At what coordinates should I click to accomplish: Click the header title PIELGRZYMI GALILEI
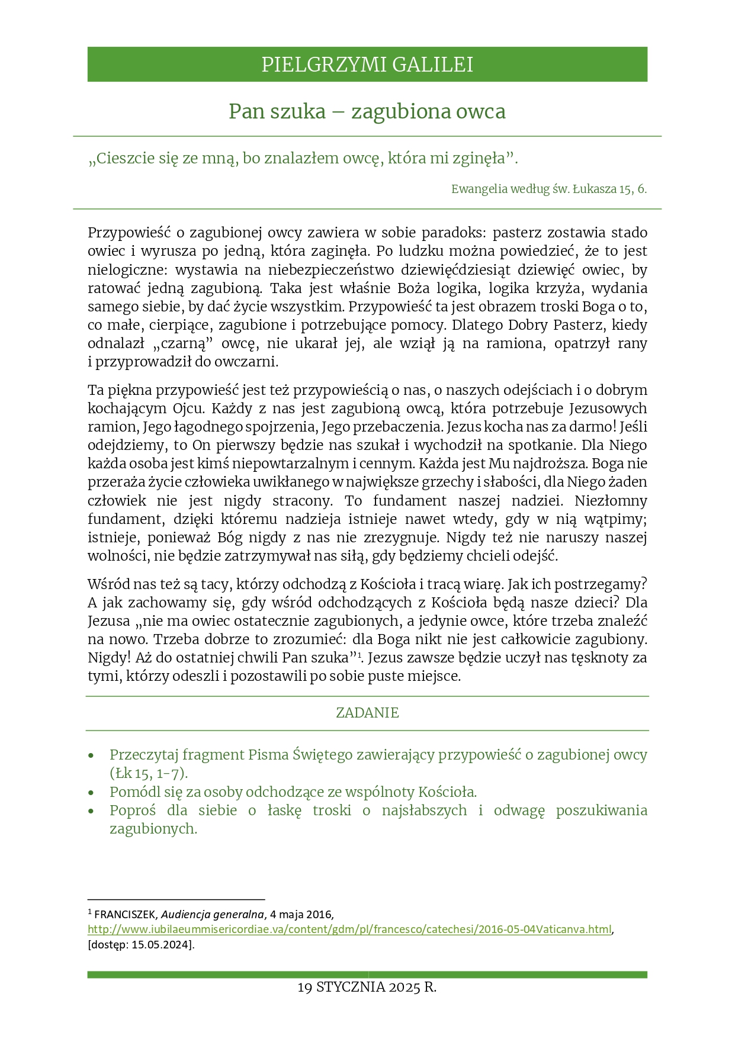coord(367,65)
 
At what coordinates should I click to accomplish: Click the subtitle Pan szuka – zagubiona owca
coord(367,111)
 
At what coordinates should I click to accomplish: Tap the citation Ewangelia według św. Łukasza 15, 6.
coord(548,189)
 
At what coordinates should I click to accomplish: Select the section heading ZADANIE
coord(367,713)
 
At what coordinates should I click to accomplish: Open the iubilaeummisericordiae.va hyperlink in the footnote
coord(349,929)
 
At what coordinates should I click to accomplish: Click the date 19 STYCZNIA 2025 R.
coord(367,987)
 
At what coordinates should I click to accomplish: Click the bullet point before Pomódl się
coord(91,793)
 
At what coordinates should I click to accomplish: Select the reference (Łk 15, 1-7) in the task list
coord(148,773)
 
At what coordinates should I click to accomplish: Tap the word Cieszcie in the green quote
coord(123,159)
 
